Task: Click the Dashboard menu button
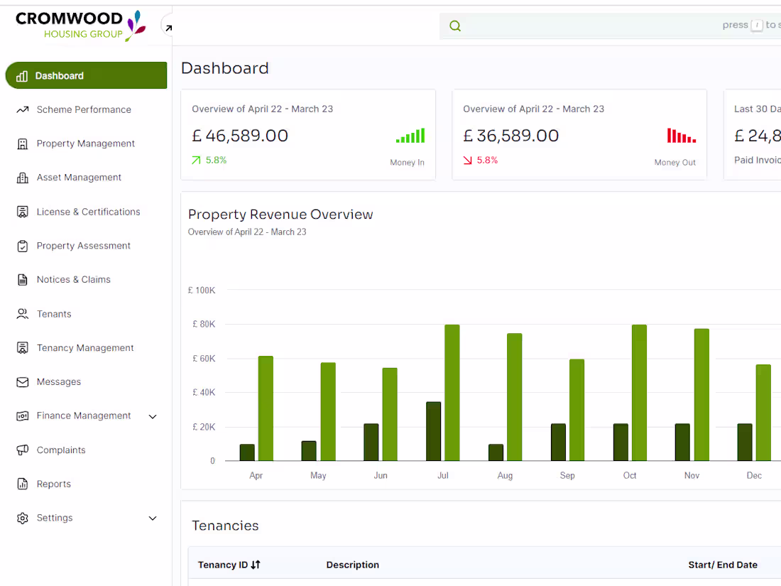pyautogui.click(x=85, y=76)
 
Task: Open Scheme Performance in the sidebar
pyautogui.click(x=84, y=109)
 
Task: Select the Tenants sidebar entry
pyautogui.click(x=54, y=314)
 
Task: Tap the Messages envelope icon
pyautogui.click(x=23, y=382)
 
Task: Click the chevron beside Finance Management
pyautogui.click(x=153, y=416)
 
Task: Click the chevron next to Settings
pyautogui.click(x=153, y=519)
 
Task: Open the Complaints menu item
pyautogui.click(x=61, y=450)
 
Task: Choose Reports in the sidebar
pyautogui.click(x=54, y=484)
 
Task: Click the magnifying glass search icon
pyautogui.click(x=455, y=26)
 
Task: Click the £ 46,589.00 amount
pyautogui.click(x=240, y=136)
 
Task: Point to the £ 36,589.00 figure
pyautogui.click(x=511, y=136)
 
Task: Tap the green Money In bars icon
pyautogui.click(x=410, y=136)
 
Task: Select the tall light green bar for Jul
pyautogui.click(x=452, y=393)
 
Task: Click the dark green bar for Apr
pyautogui.click(x=247, y=452)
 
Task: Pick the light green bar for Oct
pyautogui.click(x=639, y=393)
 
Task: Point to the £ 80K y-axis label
pyautogui.click(x=204, y=325)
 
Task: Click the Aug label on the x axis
pyautogui.click(x=505, y=475)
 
